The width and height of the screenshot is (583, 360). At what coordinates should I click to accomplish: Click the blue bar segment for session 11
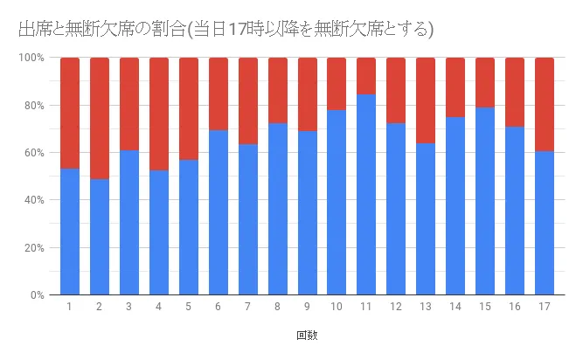click(x=366, y=194)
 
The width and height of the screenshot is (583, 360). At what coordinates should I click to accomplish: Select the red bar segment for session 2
click(x=100, y=118)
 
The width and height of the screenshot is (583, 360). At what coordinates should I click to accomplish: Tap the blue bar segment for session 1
click(x=70, y=232)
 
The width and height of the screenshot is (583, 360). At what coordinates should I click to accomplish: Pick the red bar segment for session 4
click(x=158, y=114)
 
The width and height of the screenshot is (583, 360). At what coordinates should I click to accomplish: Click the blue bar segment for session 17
click(x=545, y=223)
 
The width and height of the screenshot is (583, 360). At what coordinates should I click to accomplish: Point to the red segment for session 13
click(x=426, y=100)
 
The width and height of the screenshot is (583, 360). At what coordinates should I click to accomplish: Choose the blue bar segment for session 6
click(x=218, y=212)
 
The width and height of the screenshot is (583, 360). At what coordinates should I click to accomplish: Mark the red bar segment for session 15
click(x=485, y=83)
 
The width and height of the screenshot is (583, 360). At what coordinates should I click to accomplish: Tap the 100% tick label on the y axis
click(x=33, y=58)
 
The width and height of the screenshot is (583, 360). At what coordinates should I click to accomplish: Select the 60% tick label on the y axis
click(x=35, y=153)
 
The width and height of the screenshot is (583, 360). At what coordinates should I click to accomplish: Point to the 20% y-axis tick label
click(x=35, y=247)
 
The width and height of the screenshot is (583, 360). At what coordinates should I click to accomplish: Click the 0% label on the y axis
click(x=38, y=295)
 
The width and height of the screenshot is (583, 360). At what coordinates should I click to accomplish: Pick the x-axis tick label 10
click(x=337, y=307)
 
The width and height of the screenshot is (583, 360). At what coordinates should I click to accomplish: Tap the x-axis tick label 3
click(x=128, y=307)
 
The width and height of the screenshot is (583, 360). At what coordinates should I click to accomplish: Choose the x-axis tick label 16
click(x=515, y=307)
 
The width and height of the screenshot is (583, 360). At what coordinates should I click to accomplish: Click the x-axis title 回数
click(x=307, y=335)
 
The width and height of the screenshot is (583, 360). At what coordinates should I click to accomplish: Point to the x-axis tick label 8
click(x=277, y=307)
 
